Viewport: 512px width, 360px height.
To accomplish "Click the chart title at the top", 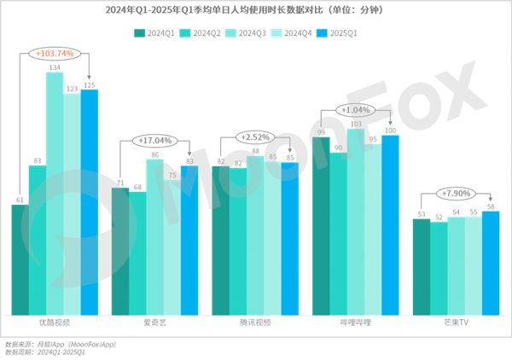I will [x=256, y=11].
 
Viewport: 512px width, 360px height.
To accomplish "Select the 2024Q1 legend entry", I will [x=155, y=33].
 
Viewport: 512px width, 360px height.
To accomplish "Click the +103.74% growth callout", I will [x=55, y=53].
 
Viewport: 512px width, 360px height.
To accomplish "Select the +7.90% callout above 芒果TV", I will [x=456, y=192].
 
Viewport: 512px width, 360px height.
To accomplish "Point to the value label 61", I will [x=20, y=200].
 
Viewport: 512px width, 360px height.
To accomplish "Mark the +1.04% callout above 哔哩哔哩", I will [x=355, y=110].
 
